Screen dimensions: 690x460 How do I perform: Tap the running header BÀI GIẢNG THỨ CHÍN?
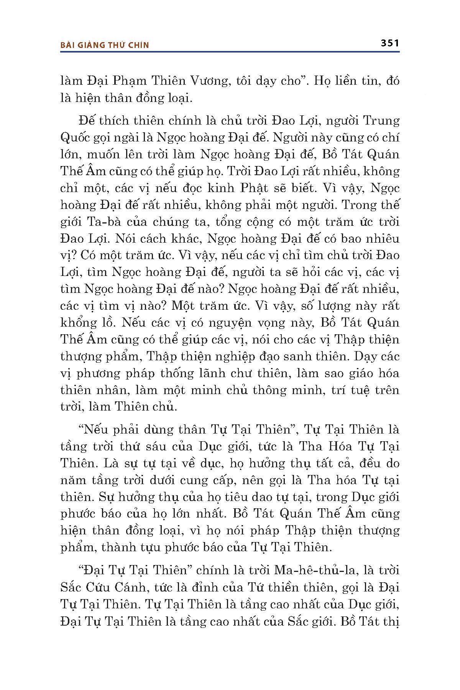[105, 45]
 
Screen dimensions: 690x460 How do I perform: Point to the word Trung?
[381, 121]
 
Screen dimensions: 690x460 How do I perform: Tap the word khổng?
[77, 323]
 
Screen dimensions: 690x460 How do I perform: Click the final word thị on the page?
[391, 621]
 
